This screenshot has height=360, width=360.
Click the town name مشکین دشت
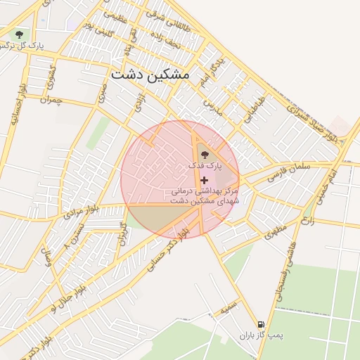150,74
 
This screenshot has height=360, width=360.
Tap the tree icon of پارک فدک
205,153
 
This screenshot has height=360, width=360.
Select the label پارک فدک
205,165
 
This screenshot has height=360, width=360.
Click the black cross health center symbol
205,181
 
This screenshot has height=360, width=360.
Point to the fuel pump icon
262,325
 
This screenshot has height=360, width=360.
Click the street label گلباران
123,233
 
